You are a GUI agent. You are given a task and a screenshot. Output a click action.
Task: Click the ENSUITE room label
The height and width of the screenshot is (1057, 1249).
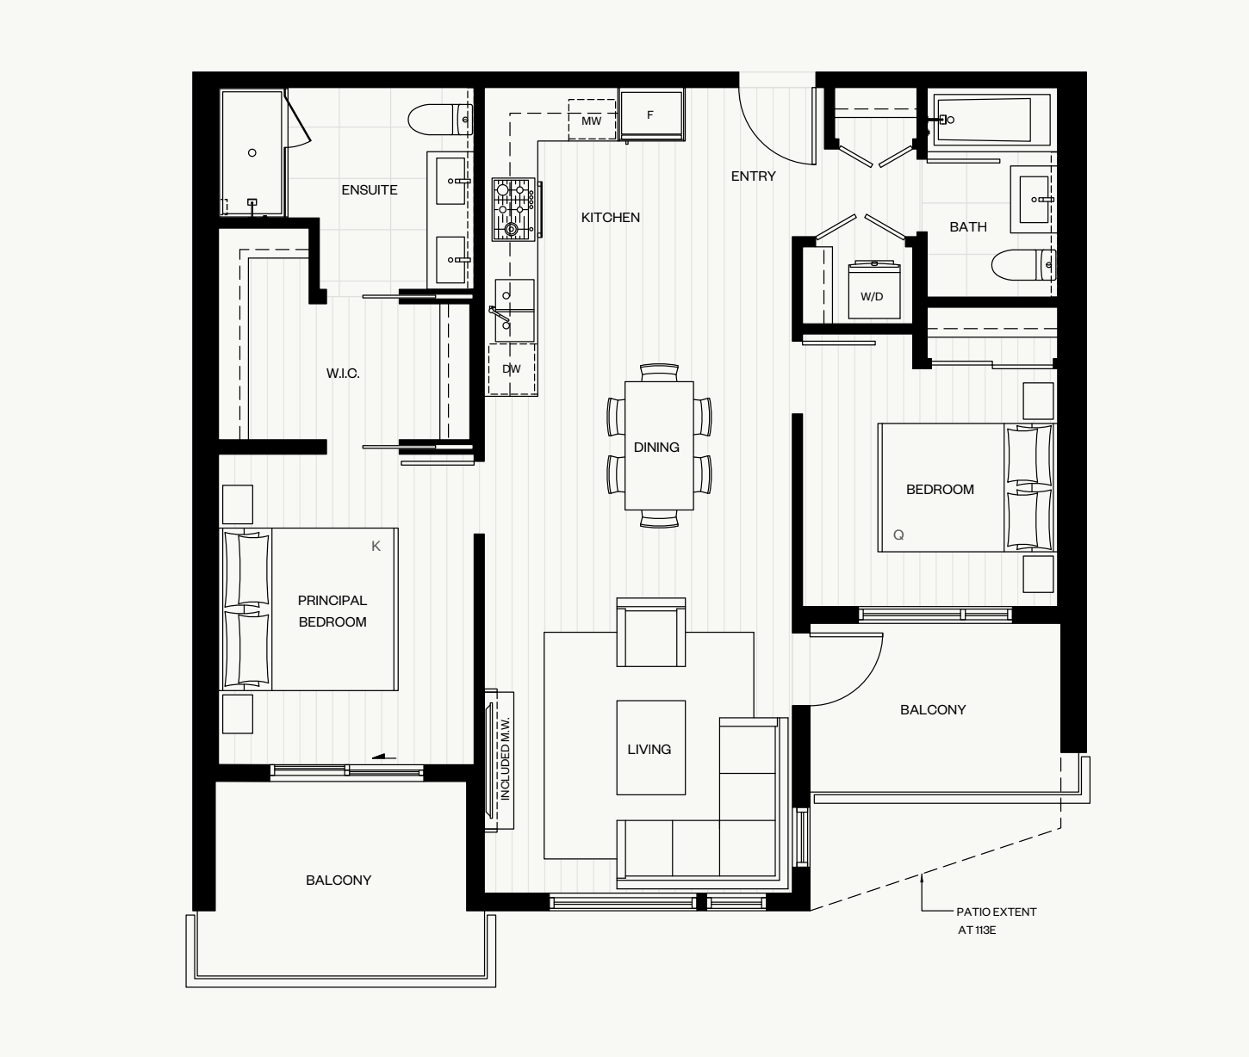coord(370,190)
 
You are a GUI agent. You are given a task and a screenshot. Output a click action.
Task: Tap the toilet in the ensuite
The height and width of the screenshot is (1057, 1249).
coord(440,120)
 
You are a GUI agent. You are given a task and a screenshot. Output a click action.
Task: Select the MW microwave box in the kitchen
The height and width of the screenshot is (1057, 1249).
coord(592,121)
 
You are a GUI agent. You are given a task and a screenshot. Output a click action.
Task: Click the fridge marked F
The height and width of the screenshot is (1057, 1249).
coord(651,114)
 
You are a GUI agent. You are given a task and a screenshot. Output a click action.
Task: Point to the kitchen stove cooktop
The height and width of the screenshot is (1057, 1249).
coord(513,209)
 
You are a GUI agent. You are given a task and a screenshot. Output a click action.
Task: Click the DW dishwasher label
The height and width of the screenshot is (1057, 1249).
coord(511,369)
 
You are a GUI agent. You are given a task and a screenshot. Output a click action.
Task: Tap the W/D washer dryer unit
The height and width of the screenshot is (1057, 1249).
coord(873,290)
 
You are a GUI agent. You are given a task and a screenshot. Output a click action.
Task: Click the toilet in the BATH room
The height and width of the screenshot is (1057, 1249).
coord(1023,264)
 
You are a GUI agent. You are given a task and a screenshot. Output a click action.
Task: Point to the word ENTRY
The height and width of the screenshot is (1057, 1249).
coord(753,176)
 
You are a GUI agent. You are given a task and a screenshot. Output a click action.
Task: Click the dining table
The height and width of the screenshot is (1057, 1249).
coord(659,446)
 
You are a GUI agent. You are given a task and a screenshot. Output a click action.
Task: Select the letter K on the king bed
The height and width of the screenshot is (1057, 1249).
coord(376,546)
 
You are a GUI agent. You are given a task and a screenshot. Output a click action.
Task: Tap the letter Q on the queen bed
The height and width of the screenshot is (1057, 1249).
coord(898,535)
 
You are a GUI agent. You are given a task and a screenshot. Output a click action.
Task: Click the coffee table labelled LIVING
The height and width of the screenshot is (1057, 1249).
coord(651,748)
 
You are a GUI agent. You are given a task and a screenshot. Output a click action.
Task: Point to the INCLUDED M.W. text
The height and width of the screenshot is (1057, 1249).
coord(506,758)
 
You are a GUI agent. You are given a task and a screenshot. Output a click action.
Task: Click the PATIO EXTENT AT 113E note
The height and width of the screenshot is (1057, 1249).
coord(997,920)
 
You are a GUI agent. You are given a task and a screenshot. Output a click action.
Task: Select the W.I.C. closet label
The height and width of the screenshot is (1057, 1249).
coord(343,374)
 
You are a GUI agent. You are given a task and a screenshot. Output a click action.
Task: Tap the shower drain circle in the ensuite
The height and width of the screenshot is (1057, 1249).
coord(252,153)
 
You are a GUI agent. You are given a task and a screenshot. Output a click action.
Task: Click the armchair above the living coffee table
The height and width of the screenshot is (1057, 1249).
coord(651,633)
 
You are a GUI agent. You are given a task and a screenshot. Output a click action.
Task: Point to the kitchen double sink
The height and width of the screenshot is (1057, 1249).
coord(514,311)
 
